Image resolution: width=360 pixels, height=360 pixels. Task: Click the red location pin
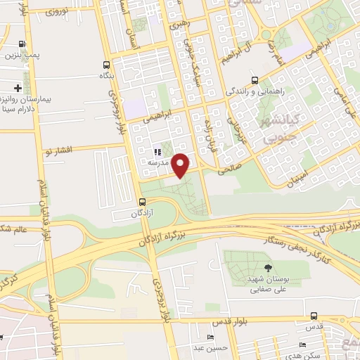coord(181,165)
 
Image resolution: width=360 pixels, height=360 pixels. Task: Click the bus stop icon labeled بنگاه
coord(105,63)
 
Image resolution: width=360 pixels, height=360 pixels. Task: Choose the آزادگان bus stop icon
coord(143,201)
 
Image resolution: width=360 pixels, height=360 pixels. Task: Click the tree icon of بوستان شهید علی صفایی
coord(267,268)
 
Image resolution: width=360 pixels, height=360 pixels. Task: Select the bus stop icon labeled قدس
coord(313,316)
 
